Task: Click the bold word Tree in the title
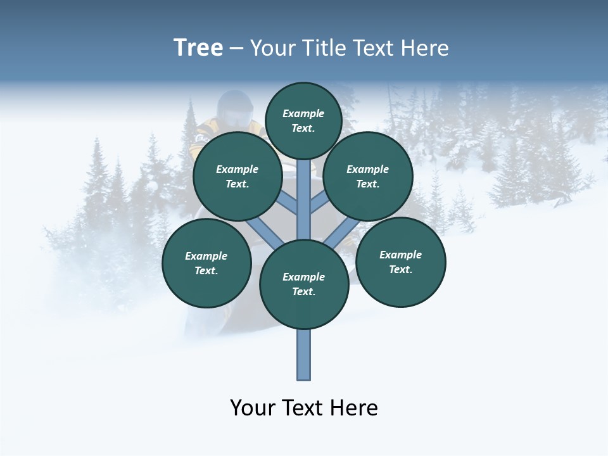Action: click(x=198, y=48)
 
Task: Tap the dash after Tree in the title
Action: click(x=236, y=49)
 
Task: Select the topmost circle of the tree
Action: click(x=303, y=120)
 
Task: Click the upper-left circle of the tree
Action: click(x=237, y=176)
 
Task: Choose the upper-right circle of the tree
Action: click(x=367, y=176)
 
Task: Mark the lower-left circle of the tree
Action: click(x=206, y=263)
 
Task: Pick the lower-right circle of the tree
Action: click(x=400, y=262)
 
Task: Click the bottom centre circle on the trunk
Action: click(x=304, y=284)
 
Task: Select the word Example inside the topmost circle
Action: click(x=303, y=113)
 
